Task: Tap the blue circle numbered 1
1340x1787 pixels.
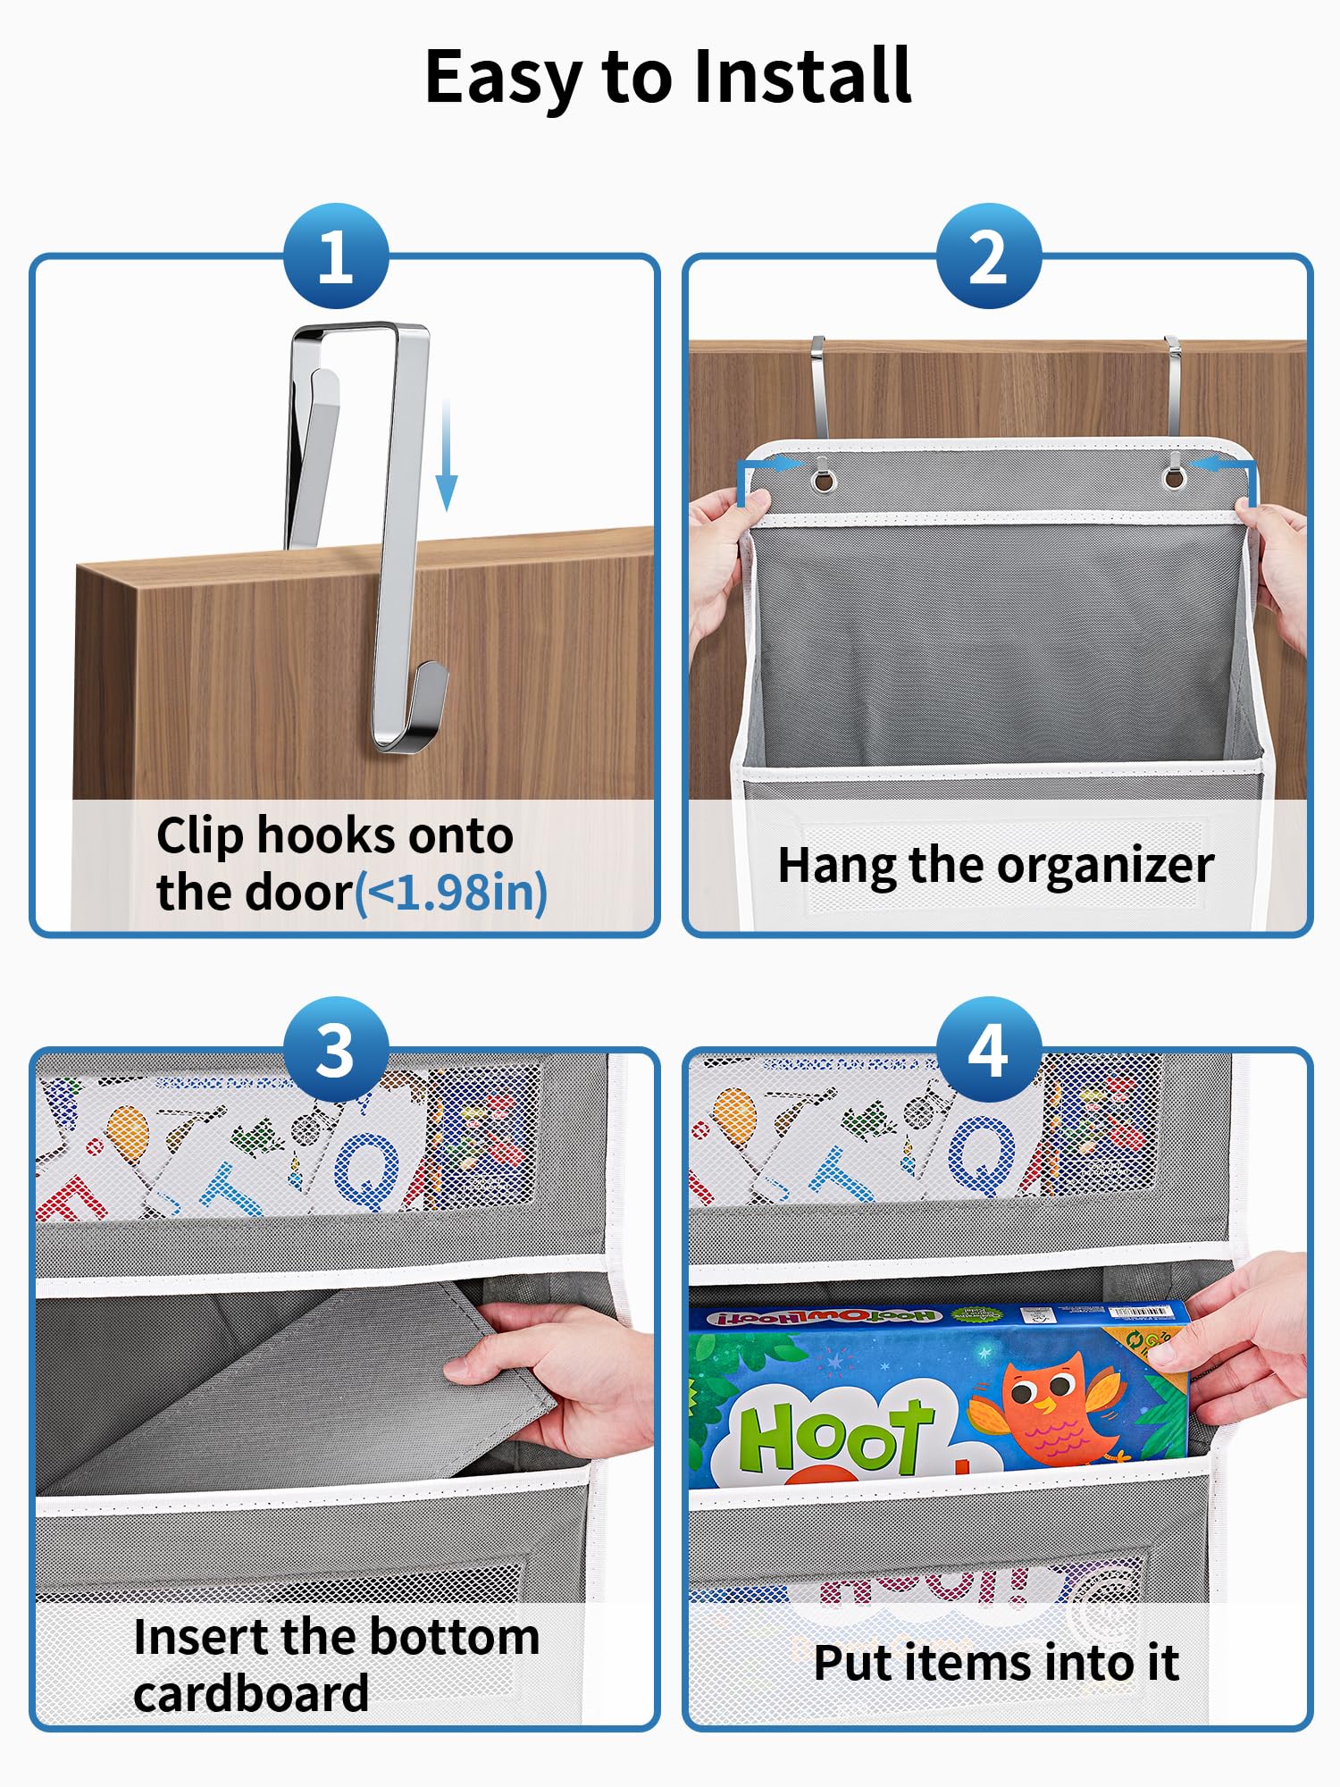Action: click(x=336, y=257)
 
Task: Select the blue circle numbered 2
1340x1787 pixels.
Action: click(x=988, y=257)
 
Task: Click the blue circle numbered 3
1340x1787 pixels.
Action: click(x=336, y=1050)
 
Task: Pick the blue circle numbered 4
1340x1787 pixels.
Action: click(x=988, y=1050)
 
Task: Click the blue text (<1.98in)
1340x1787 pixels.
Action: click(x=451, y=893)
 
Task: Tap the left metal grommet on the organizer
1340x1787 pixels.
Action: click(x=823, y=481)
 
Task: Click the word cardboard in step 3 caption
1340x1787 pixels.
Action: click(x=251, y=1694)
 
